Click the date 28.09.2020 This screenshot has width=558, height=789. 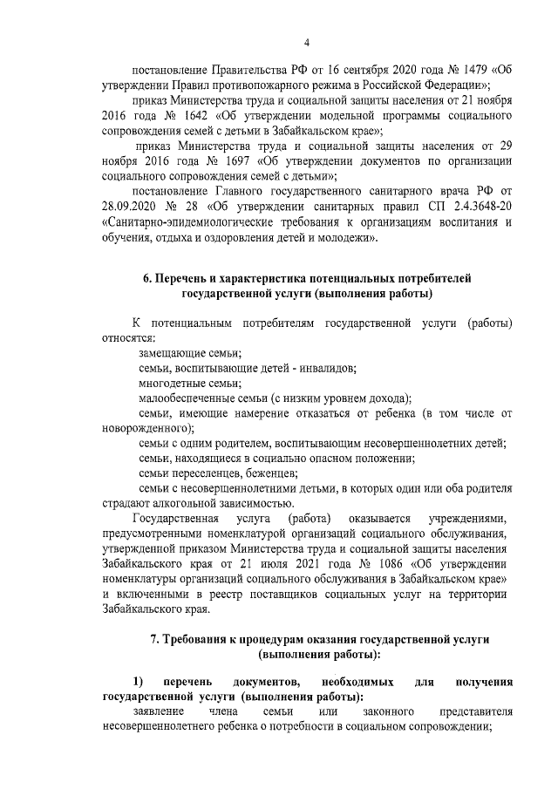131,206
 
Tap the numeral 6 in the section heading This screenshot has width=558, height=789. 147,278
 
